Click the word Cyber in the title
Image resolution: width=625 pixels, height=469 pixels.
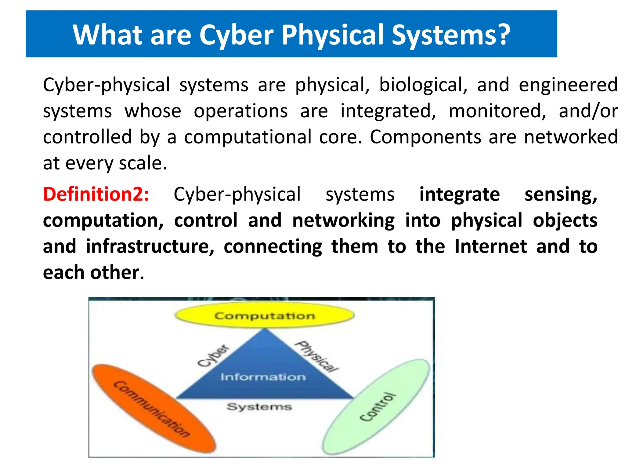pyautogui.click(x=236, y=35)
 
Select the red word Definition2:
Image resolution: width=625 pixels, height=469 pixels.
pyautogui.click(x=96, y=194)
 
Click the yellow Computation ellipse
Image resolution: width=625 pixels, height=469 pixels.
pyautogui.click(x=264, y=315)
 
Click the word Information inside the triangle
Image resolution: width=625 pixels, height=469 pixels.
pyautogui.click(x=263, y=377)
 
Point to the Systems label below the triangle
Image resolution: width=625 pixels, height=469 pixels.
pyautogui.click(x=259, y=407)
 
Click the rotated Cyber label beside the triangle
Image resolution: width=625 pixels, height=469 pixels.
pyautogui.click(x=213, y=356)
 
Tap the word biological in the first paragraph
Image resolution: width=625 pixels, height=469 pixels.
pyautogui.click(x=423, y=85)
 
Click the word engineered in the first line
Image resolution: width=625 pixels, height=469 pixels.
pyautogui.click(x=568, y=85)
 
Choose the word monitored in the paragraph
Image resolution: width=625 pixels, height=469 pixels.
pyautogui.click(x=497, y=111)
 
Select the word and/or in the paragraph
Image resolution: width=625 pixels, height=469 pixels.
pyautogui.click(x=588, y=111)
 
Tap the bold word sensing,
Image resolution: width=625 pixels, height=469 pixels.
pyautogui.click(x=561, y=194)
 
